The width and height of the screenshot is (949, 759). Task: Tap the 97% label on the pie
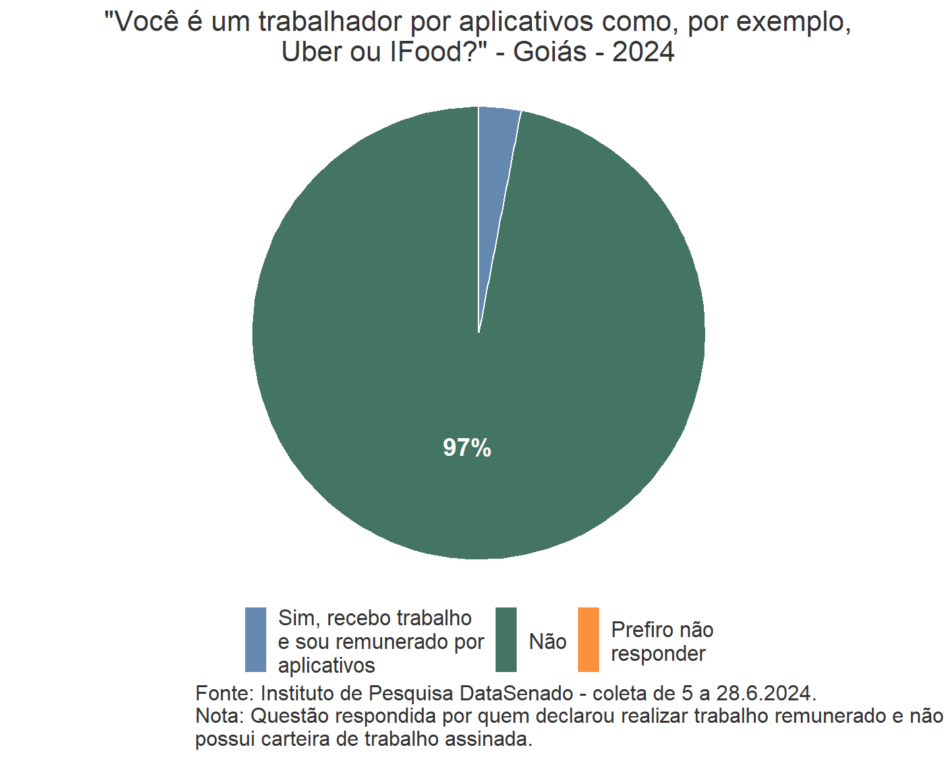pyautogui.click(x=467, y=448)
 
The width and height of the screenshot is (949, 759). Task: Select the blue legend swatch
pyautogui.click(x=256, y=640)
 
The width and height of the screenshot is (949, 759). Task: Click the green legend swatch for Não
pyautogui.click(x=506, y=640)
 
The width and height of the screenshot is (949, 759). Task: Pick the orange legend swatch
pyautogui.click(x=589, y=640)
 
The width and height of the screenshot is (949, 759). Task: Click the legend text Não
pyautogui.click(x=548, y=642)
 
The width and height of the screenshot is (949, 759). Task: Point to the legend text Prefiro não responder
pyautogui.click(x=662, y=642)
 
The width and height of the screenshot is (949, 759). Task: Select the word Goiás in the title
pyautogui.click(x=550, y=52)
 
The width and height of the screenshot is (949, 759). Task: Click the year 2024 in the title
pyautogui.click(x=643, y=52)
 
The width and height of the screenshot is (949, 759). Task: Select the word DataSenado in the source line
pyautogui.click(x=517, y=694)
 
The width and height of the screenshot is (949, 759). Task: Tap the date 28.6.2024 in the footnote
pyautogui.click(x=766, y=694)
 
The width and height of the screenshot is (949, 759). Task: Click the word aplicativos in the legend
pyautogui.click(x=326, y=665)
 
